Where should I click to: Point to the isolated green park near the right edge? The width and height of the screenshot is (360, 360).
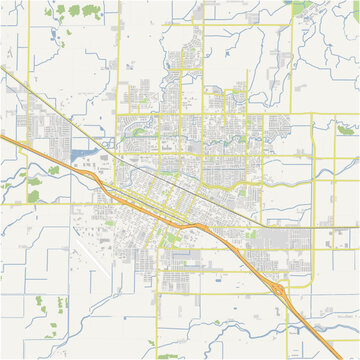(346, 129)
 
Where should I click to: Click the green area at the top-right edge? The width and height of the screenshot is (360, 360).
(300, 4)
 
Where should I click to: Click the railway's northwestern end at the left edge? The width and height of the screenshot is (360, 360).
(2, 70)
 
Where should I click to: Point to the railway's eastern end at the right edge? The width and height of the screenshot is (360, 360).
(357, 226)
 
